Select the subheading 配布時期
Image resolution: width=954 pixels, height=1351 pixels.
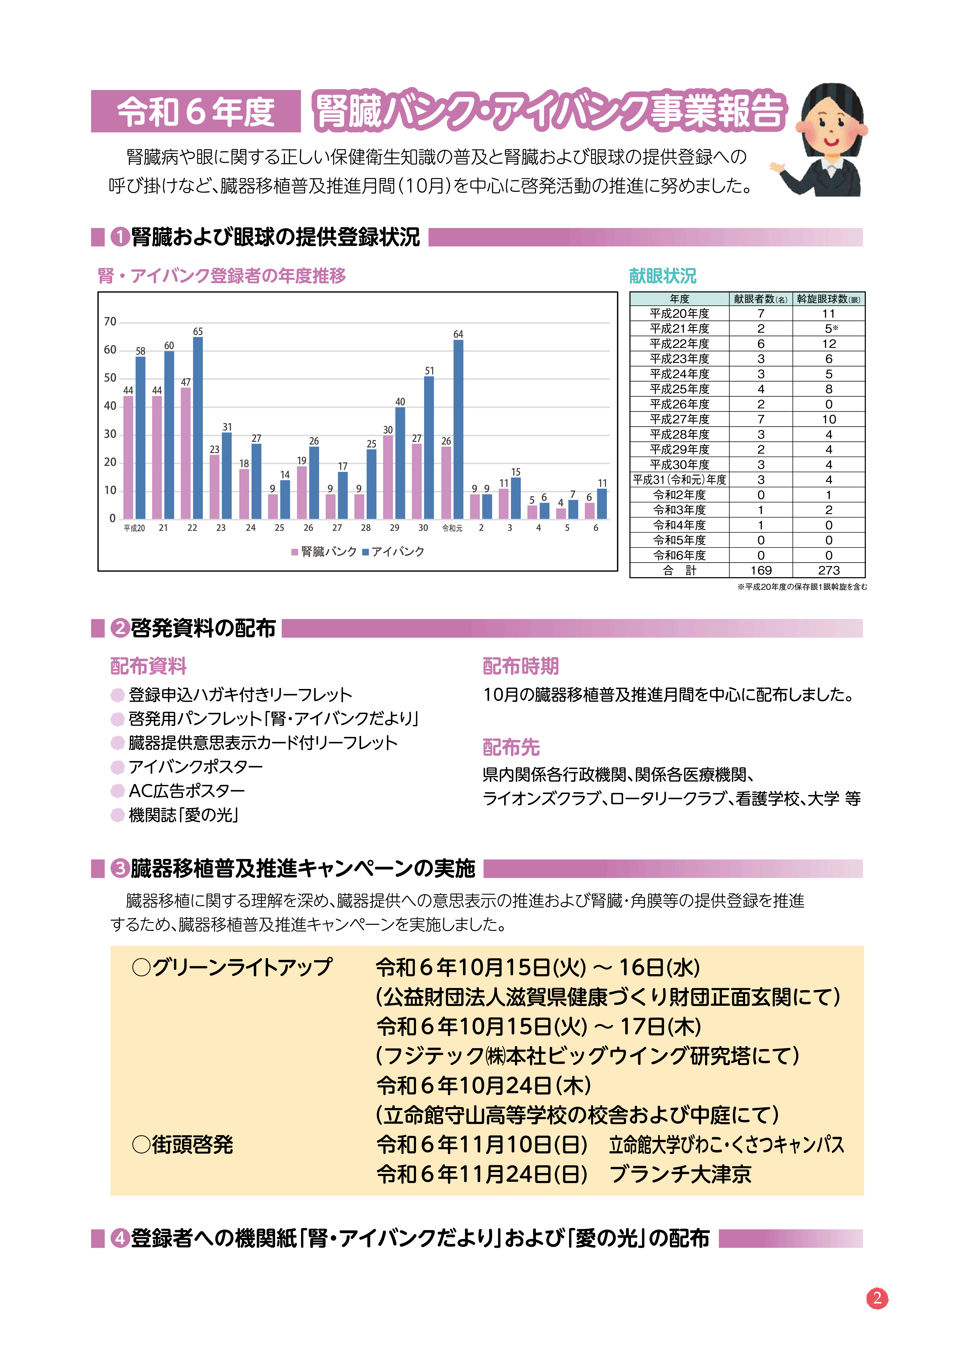point(520,666)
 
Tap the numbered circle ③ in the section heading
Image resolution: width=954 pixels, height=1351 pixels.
point(120,869)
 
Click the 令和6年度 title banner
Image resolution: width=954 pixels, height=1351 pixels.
point(196,111)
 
